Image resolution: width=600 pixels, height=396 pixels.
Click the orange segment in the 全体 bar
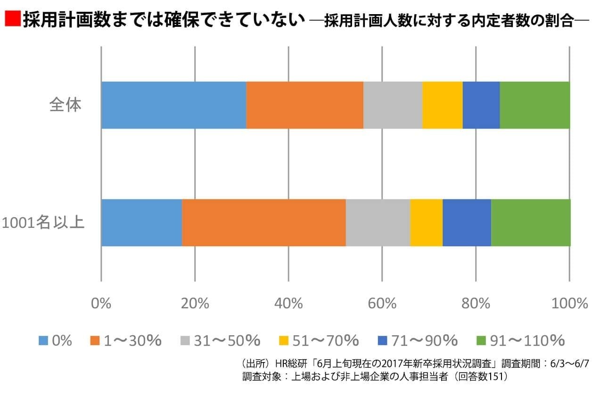304,105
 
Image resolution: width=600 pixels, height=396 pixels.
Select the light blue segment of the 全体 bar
173,105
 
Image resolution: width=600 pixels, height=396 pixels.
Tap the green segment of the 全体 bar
534,105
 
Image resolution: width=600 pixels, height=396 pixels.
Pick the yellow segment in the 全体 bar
442,105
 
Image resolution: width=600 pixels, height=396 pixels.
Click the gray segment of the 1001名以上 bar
378,223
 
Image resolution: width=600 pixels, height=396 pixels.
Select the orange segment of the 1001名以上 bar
263,223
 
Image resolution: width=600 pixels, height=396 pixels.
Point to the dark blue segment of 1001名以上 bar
467,223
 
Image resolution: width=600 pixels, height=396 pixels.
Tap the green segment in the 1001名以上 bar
531,223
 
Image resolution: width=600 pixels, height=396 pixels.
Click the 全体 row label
66,105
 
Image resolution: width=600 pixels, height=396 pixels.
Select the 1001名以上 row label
43,222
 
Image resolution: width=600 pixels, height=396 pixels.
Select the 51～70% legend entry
325,340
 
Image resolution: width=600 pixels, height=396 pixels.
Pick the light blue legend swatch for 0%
43,340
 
